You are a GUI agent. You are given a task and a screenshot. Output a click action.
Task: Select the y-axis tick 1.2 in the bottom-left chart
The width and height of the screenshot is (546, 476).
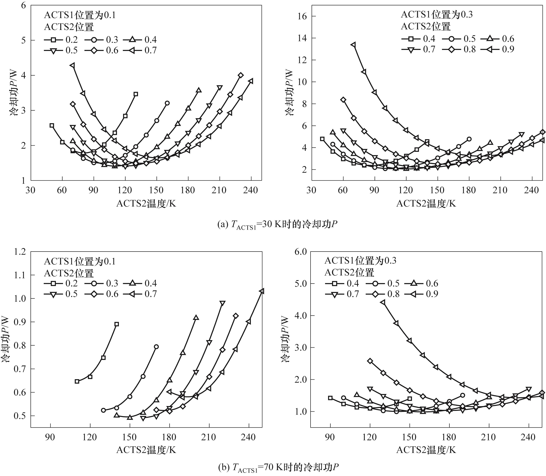pos(21,251)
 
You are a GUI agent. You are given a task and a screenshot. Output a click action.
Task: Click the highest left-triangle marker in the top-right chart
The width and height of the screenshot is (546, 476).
pos(353,45)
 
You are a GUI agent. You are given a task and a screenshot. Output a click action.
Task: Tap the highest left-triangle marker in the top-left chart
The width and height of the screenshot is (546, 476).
pos(72,65)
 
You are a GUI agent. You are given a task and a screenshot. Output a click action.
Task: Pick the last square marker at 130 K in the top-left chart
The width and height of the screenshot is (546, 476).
pos(136,94)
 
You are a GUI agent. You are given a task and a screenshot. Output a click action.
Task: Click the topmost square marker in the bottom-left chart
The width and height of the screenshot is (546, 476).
pos(117,324)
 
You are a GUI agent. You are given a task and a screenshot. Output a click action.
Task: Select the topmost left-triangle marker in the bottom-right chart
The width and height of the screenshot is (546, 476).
pos(383,302)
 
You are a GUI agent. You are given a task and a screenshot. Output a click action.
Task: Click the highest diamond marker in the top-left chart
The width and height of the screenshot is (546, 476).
pos(240,75)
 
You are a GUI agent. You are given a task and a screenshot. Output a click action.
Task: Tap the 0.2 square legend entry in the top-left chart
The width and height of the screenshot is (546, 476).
pos(61,40)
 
